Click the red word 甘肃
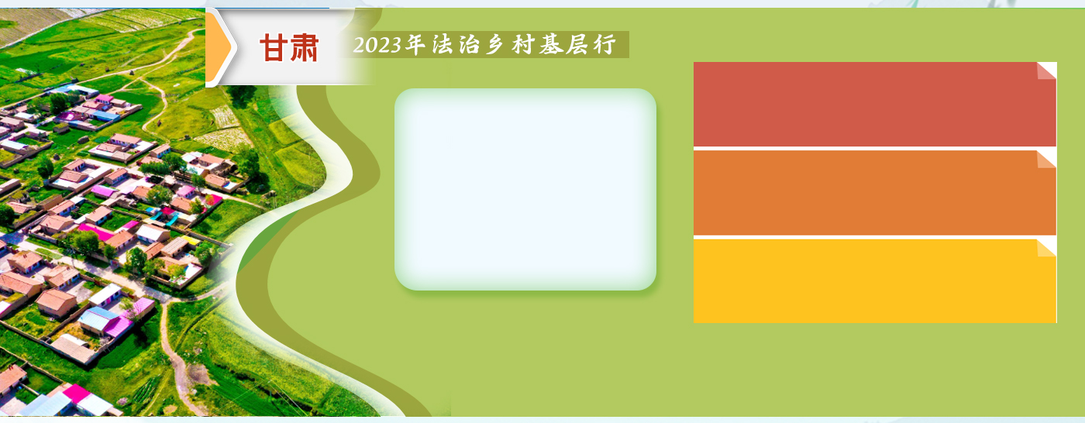point(289,47)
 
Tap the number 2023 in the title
point(377,45)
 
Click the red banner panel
point(875,104)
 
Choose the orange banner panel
point(875,193)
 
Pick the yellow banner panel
point(875,281)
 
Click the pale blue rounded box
point(525,189)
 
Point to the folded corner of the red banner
point(1047,70)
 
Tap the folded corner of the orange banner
point(1047,160)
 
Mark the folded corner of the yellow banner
point(1047,248)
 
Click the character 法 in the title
point(441,44)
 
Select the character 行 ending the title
point(605,44)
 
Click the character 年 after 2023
point(415,44)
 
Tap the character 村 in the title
point(523,44)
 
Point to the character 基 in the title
point(551,44)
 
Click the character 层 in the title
point(577,44)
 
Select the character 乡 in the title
point(495,44)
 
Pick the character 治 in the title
point(469,44)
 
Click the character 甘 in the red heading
point(274,47)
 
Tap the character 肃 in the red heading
point(304,47)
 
